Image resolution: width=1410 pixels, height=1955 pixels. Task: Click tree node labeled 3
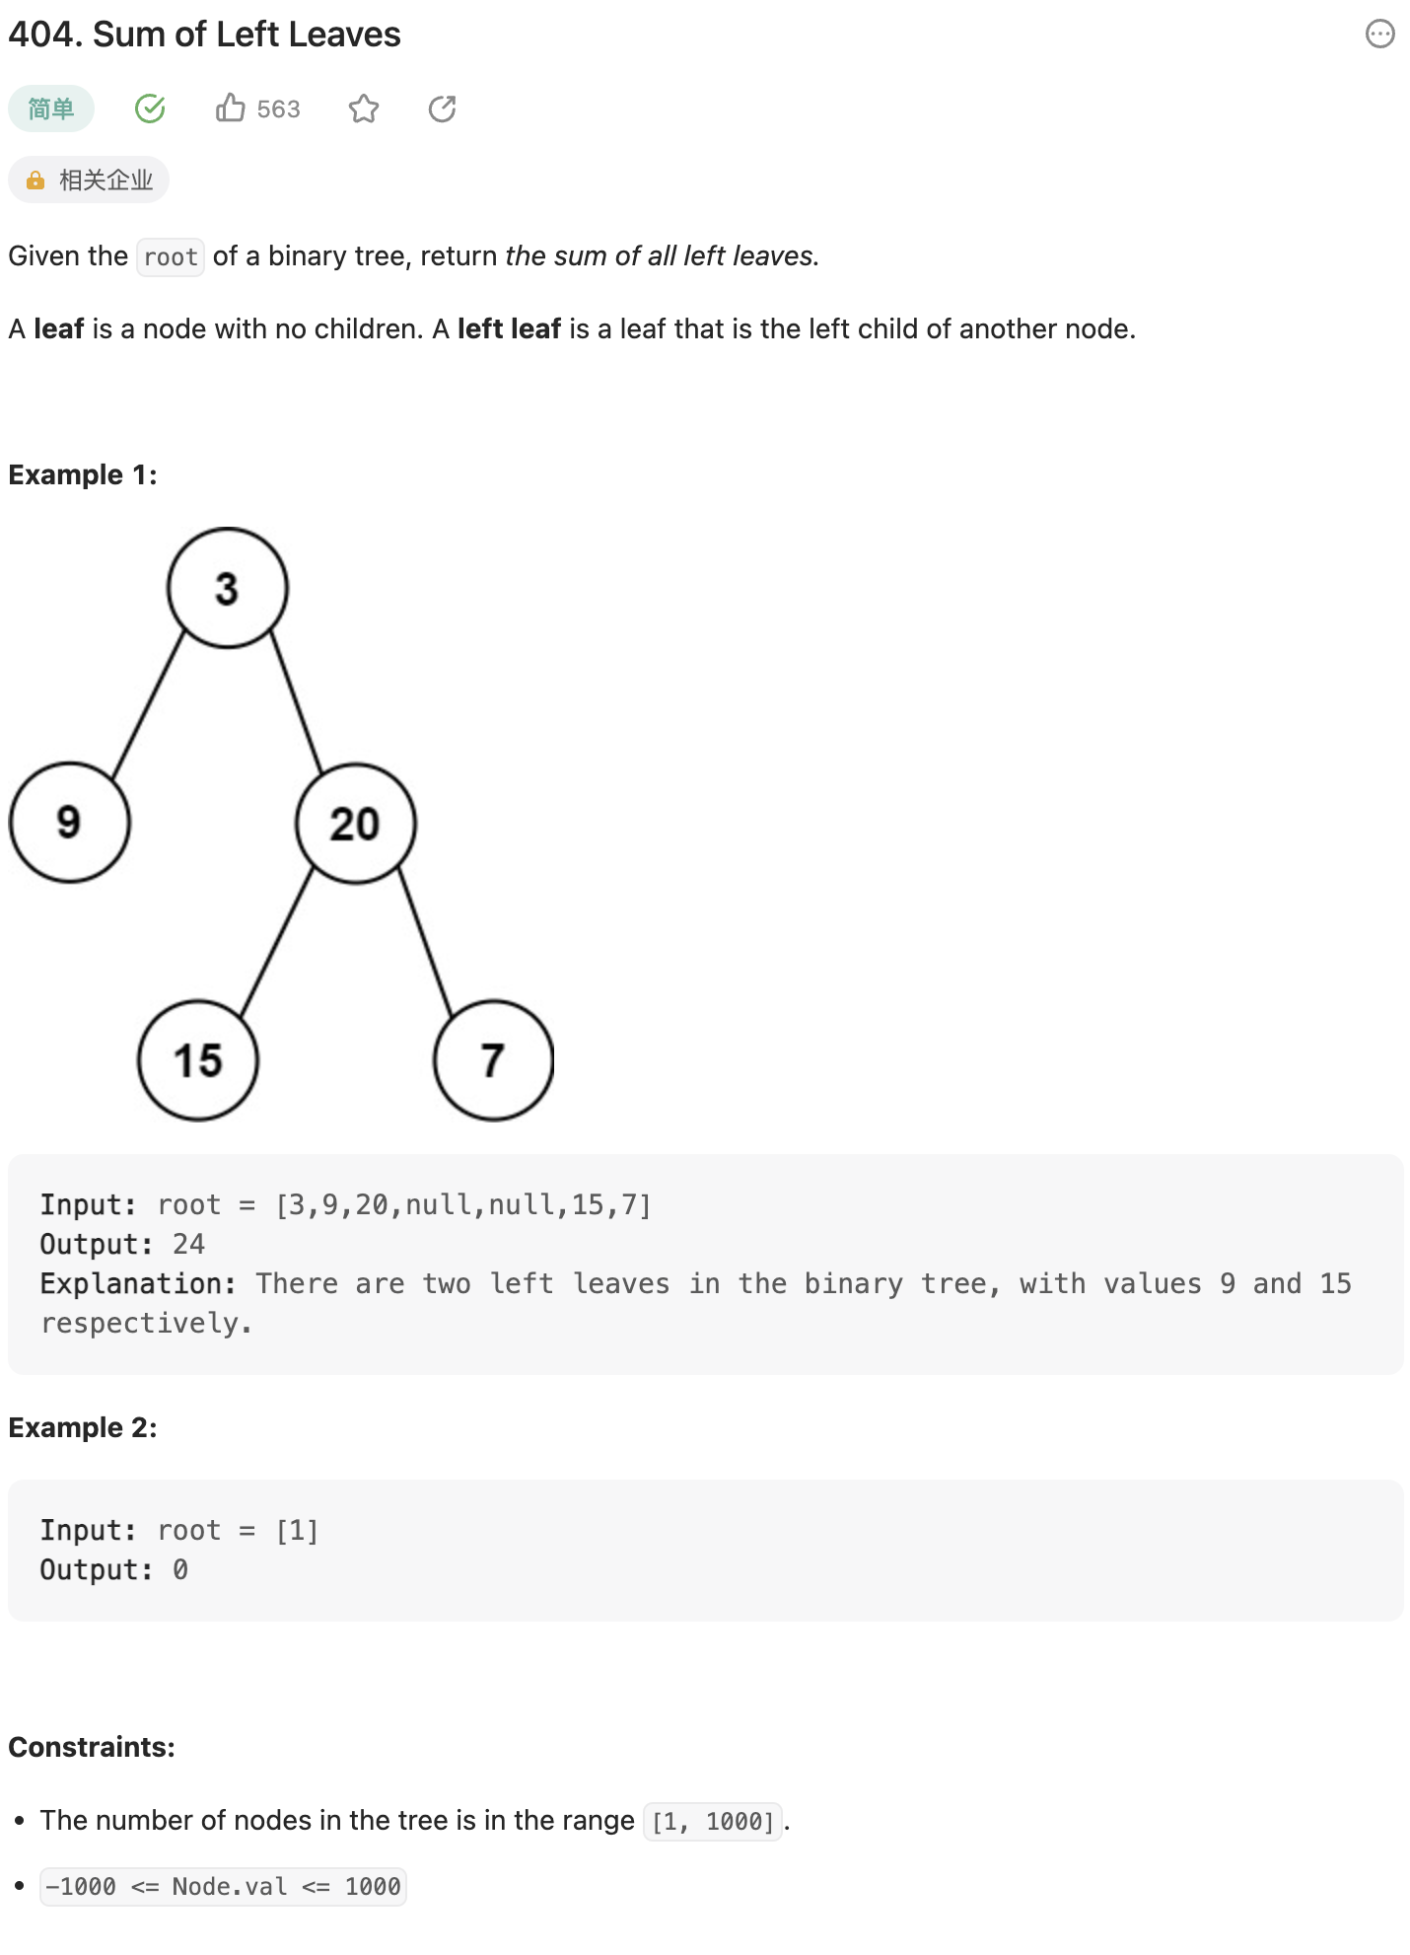click(228, 588)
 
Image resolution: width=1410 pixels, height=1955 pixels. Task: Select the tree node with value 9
click(69, 823)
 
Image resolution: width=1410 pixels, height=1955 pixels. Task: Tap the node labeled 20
click(355, 825)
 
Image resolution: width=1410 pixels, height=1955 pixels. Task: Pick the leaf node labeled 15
click(198, 1060)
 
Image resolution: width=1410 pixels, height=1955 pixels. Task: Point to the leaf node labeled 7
click(493, 1060)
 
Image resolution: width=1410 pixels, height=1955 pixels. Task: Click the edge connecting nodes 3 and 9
click(149, 705)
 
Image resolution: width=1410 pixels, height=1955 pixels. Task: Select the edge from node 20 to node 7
click(425, 943)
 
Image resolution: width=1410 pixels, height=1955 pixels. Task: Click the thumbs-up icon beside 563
click(231, 109)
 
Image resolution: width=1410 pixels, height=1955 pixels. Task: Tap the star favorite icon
click(364, 109)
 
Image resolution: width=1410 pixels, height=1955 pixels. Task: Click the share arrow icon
click(443, 109)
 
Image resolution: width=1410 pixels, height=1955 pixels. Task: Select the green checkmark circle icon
click(150, 109)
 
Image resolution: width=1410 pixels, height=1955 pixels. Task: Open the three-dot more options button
click(1379, 35)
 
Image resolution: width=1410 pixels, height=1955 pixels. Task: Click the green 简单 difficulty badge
click(51, 109)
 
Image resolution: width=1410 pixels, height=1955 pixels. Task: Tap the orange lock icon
click(35, 181)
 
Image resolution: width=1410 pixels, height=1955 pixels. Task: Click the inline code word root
click(171, 257)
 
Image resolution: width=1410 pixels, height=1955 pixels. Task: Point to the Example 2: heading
click(83, 1427)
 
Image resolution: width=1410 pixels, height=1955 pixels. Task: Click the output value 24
click(188, 1244)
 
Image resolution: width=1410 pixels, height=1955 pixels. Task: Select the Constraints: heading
click(92, 1747)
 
